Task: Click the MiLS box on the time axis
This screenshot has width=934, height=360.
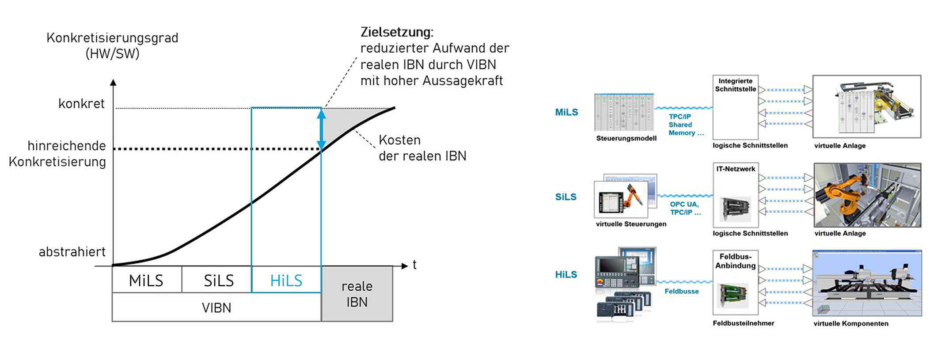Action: [146, 280]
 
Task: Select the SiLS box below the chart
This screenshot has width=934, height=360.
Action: [218, 280]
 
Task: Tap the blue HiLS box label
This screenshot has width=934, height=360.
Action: [286, 280]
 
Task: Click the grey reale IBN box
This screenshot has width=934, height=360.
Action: [357, 294]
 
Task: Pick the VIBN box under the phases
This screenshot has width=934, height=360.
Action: [216, 307]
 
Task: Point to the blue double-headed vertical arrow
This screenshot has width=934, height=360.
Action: [321, 129]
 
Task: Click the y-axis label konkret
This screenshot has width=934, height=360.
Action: [81, 104]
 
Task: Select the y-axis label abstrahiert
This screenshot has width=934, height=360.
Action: [72, 252]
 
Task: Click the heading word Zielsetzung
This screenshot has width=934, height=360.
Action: [397, 32]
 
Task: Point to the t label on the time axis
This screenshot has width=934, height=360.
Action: [414, 265]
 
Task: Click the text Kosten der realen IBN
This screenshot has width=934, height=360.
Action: [422, 148]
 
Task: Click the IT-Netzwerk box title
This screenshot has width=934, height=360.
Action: [736, 169]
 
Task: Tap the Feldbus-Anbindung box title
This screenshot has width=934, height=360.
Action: [735, 261]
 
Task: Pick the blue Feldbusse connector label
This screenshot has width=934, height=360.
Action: [681, 291]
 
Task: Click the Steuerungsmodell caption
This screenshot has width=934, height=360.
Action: [626, 138]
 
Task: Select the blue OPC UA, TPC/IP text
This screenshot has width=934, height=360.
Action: [685, 208]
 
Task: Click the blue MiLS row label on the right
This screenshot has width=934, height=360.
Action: [566, 112]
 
